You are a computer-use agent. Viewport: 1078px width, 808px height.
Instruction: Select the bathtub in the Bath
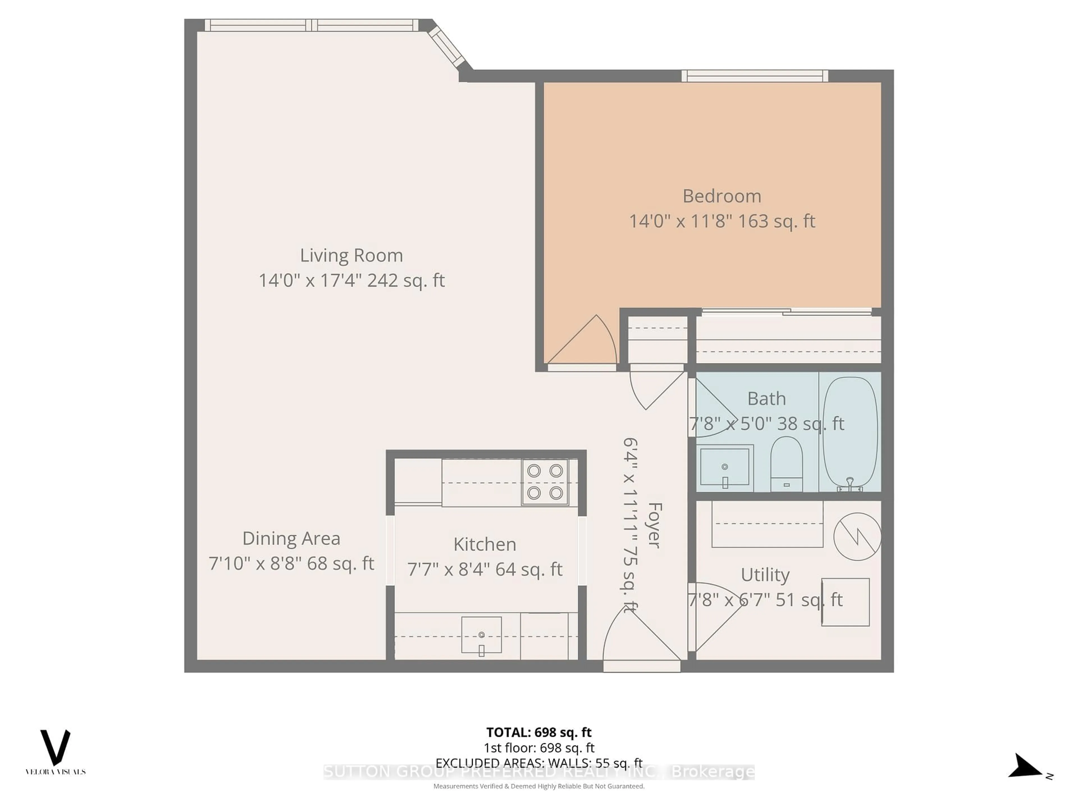850,433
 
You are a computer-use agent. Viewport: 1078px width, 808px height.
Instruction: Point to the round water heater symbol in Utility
857,536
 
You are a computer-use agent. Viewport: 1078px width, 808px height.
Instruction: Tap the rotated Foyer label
654,525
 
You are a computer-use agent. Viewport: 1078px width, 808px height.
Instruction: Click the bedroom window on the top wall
754,76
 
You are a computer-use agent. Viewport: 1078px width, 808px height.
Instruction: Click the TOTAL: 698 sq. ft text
538,733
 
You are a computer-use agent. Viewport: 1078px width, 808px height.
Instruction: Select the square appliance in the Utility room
845,602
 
